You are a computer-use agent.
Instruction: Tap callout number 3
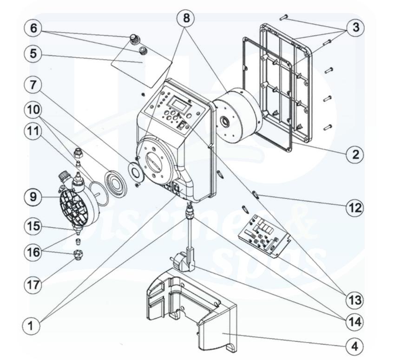tap(355, 27)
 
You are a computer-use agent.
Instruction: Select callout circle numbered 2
tap(355, 154)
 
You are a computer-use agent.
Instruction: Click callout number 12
tap(355, 207)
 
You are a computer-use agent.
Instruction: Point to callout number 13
tap(355, 300)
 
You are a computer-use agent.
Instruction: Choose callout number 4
tap(355, 346)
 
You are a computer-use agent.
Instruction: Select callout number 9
tap(33, 197)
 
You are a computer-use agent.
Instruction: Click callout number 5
tap(33, 53)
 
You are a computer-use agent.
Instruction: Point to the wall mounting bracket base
tap(190, 311)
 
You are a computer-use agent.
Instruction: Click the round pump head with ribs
tap(79, 203)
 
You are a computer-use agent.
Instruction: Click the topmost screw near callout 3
tap(284, 17)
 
